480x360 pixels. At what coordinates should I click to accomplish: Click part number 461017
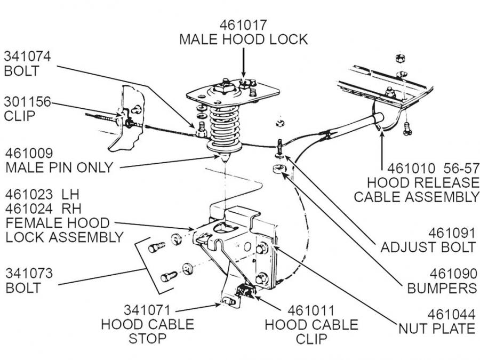(243, 25)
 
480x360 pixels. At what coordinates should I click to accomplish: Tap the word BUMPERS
(442, 288)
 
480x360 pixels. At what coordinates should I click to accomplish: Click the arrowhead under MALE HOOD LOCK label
(243, 76)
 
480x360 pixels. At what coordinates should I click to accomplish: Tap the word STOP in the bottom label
(147, 338)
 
